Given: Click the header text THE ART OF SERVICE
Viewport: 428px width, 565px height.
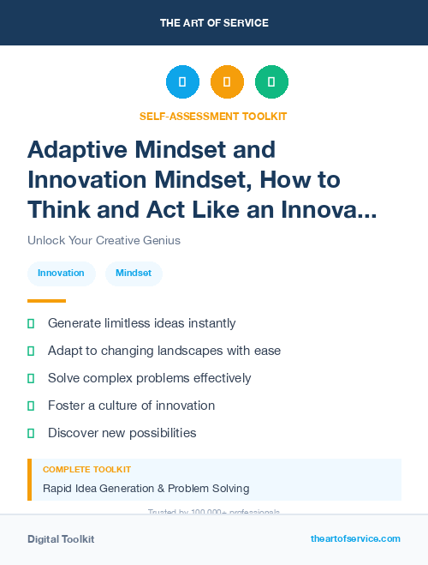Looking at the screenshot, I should pos(214,23).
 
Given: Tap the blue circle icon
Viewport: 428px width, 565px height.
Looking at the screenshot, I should pos(182,82).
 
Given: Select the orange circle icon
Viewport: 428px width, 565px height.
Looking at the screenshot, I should pos(227,82).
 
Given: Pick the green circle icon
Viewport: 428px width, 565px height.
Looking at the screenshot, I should pos(271,82).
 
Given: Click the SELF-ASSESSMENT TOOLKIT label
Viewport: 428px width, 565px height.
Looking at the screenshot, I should pos(214,116).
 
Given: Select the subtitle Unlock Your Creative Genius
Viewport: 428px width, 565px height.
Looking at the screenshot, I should pos(104,241).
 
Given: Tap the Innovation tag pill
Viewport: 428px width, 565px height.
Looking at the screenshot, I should pos(61,273).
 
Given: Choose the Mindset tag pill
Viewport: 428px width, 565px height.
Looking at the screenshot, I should pos(134,273).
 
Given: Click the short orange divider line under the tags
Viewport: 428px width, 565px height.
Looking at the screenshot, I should pos(46,301).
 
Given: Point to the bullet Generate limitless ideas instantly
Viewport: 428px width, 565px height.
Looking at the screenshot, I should pos(141,323).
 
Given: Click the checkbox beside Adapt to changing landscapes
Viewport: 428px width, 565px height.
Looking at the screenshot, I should pos(31,351).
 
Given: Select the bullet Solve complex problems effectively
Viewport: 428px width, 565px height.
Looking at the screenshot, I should pos(149,378).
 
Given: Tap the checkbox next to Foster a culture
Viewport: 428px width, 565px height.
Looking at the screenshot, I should pos(31,406).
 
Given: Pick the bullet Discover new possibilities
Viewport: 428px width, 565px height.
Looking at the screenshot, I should pos(122,433).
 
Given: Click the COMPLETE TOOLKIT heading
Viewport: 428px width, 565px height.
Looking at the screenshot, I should pos(86,470).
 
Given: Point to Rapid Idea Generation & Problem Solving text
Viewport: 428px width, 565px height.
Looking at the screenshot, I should pos(146,489).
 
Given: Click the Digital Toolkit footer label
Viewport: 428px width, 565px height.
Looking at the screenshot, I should pos(61,539).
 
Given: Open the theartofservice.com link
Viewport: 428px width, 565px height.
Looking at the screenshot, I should pos(355,538).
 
